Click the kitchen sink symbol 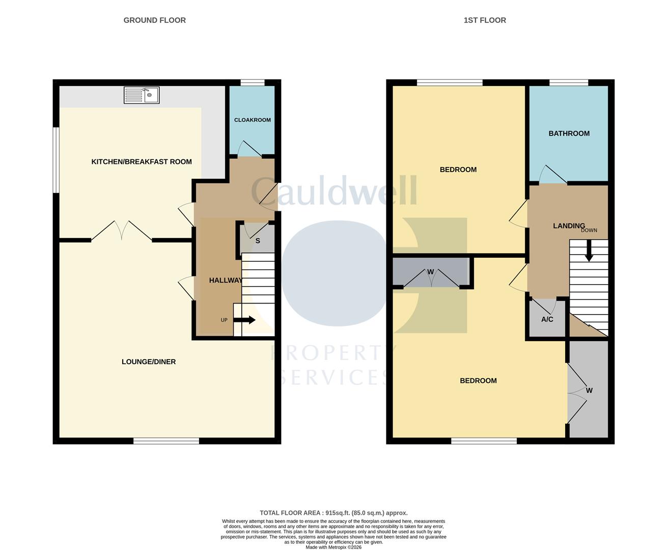coord(142,95)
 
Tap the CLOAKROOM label coord(253,120)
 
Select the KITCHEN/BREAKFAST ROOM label coord(142,162)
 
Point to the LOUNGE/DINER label coord(149,362)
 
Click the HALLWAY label coord(226,280)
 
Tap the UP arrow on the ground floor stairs coord(245,320)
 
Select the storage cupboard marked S coord(258,241)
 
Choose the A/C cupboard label coord(547,320)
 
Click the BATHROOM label coord(569,133)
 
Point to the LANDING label coord(569,226)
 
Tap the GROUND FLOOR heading coord(155,20)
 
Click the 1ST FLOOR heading coord(485,20)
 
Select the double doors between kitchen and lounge coord(121,231)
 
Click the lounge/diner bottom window coord(166,441)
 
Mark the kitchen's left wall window coord(56,160)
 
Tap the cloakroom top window coord(253,82)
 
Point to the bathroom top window coord(569,82)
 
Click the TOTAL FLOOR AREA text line coord(333,513)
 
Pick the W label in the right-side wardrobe coord(589,391)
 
